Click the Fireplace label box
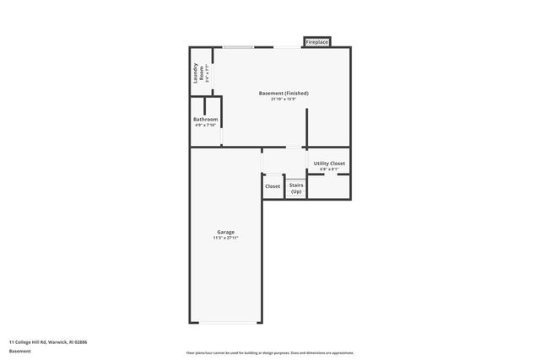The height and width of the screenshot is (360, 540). pos(317,41)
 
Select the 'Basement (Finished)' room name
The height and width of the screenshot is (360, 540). pos(283,93)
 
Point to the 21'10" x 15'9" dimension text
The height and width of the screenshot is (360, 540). pos(283,99)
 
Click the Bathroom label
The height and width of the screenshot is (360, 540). pos(206,120)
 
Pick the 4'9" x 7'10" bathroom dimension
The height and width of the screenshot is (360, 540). pos(206,126)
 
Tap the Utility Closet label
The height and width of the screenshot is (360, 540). pos(329,163)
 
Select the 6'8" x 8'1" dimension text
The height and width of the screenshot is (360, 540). pos(329,169)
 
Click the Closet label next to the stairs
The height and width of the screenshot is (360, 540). pos(273,186)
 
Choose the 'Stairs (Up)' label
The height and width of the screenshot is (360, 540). pos(296,189)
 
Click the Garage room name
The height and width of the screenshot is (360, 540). pos(225,232)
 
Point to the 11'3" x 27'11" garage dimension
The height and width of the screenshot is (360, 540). pos(225,239)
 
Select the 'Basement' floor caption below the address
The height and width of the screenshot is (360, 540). pos(20,351)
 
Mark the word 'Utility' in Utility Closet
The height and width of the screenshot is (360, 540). pos(321,163)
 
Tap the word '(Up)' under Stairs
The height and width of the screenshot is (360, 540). pos(296,192)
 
